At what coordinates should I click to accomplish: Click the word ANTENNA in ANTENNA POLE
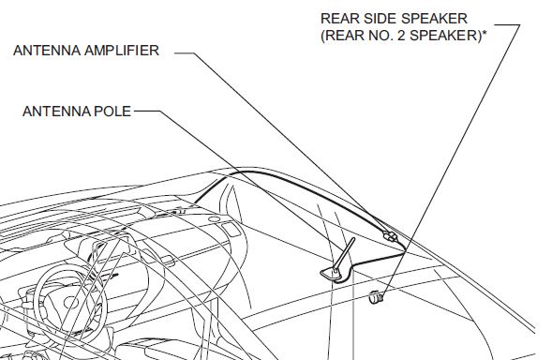pyautogui.click(x=53, y=112)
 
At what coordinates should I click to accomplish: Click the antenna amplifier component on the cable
pyautogui.click(x=389, y=237)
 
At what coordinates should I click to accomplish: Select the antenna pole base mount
pyautogui.click(x=335, y=272)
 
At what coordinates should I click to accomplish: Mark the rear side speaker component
pyautogui.click(x=377, y=298)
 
